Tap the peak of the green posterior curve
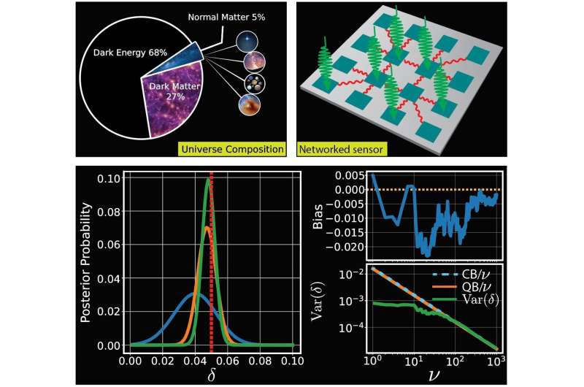(207, 181)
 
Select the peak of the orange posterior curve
(207, 229)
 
